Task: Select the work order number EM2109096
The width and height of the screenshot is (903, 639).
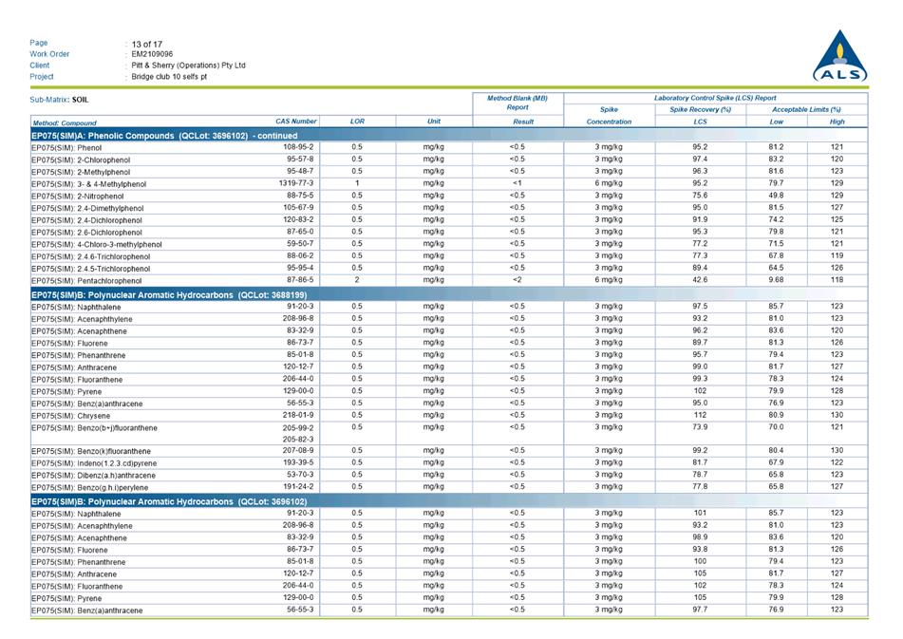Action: coord(152,54)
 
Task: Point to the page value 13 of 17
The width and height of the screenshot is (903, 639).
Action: coord(147,43)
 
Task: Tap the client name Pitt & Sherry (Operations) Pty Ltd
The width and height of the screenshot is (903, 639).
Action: coord(188,66)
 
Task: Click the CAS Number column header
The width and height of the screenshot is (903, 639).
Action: coord(296,122)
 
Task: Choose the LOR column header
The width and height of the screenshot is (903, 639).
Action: coord(357,122)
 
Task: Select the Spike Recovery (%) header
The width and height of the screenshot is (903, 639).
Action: coord(700,110)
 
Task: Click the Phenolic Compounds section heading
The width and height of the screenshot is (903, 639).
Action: coord(164,136)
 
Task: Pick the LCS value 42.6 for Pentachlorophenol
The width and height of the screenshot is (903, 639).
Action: coord(700,280)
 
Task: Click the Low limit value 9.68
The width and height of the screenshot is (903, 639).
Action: coord(776,280)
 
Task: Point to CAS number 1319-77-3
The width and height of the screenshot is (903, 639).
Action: coord(296,183)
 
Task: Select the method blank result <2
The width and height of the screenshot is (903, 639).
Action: coord(517,280)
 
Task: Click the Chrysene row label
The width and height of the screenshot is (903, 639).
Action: coord(73,416)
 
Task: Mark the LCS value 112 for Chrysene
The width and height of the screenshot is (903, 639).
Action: coord(700,415)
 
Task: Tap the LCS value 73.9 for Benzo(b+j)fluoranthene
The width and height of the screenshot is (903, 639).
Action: coord(700,427)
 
